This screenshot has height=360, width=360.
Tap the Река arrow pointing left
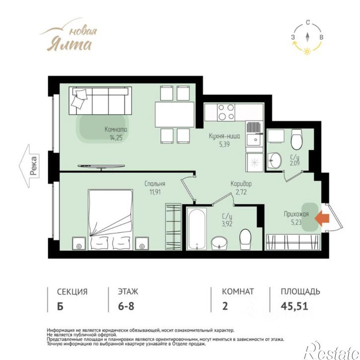click(x=29, y=166)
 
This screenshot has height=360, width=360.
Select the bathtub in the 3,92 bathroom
click(x=197, y=228)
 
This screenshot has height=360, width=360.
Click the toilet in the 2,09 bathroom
click(x=296, y=139)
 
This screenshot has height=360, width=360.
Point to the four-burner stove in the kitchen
click(x=226, y=112)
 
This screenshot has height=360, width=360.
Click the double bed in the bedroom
click(x=110, y=219)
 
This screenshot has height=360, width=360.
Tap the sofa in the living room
click(x=100, y=100)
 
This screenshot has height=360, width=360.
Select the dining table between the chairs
click(x=175, y=114)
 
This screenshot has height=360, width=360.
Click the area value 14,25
click(x=116, y=138)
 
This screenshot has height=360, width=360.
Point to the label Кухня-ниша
click(x=224, y=136)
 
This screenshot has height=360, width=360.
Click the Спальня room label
click(x=155, y=184)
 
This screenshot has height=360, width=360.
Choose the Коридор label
click(x=241, y=184)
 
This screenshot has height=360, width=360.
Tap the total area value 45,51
click(x=294, y=306)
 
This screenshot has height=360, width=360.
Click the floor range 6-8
click(x=126, y=306)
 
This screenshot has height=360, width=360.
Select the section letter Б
click(x=60, y=306)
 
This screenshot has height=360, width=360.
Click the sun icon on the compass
click(x=307, y=51)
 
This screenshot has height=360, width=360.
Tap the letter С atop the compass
click(x=308, y=22)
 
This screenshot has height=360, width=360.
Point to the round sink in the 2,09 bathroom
click(x=275, y=160)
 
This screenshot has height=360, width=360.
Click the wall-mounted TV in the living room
click(x=101, y=166)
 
